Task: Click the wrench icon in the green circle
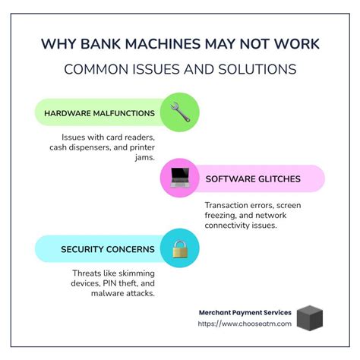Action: pos(181,113)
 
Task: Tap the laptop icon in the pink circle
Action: pos(180,178)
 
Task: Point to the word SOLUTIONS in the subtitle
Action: pos(259,70)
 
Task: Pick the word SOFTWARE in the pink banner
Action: pos(230,180)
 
